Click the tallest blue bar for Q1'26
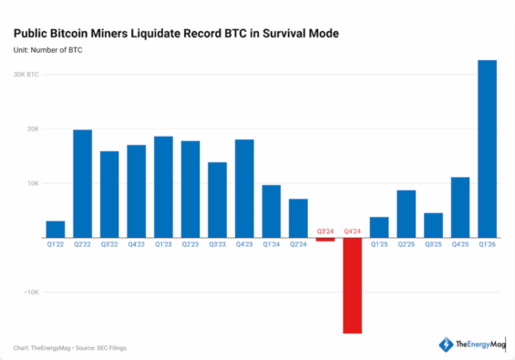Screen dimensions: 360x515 pos(487,148)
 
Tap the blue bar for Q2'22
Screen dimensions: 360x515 pos(82,183)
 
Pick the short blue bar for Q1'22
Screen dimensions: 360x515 pos(55,229)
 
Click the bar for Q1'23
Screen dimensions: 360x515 pos(163,186)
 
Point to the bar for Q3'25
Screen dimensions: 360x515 pos(433,225)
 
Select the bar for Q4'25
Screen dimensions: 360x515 pos(460,207)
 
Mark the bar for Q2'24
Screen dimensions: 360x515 pos(298,218)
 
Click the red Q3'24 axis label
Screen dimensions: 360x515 pos(325,231)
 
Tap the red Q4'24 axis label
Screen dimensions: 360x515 pos(352,231)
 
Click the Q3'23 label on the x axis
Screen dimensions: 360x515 pos(217,243)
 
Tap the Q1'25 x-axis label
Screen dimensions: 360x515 pos(379,243)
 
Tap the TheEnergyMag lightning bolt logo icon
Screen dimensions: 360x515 pos(446,345)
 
